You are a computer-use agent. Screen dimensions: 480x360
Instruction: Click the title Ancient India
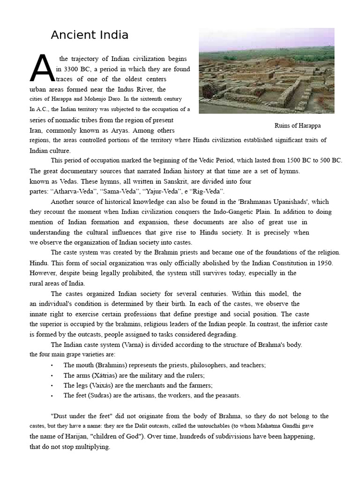click(x=90, y=35)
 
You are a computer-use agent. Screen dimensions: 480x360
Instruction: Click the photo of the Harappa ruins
click(x=266, y=70)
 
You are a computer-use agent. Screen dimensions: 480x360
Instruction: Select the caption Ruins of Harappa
click(x=298, y=126)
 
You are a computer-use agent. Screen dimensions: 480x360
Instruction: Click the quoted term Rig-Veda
click(x=207, y=191)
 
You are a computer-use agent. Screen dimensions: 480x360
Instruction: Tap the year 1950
click(x=323, y=263)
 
